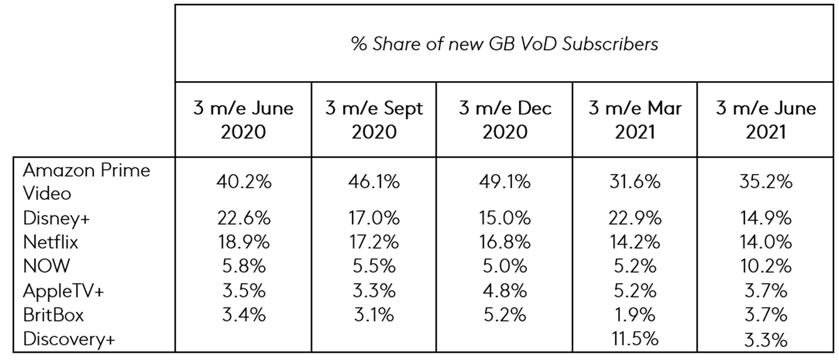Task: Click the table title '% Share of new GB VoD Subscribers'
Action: [x=504, y=43]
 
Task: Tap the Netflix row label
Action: [x=51, y=242]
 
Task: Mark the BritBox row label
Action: [x=53, y=314]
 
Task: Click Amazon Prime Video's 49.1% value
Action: [x=505, y=182]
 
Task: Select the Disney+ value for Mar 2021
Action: [x=634, y=218]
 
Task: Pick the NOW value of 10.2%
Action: [x=765, y=266]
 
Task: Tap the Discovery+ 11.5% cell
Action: [x=634, y=339]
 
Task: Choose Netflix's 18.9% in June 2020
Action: [x=243, y=242]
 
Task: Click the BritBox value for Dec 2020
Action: [x=505, y=314]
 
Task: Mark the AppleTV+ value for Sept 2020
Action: [x=374, y=291]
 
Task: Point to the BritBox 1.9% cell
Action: [x=634, y=314]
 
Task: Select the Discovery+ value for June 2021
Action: [x=765, y=339]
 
